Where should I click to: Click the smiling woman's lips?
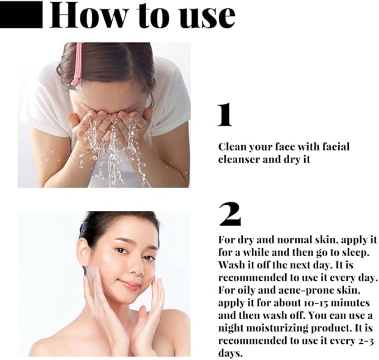point(130,285)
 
